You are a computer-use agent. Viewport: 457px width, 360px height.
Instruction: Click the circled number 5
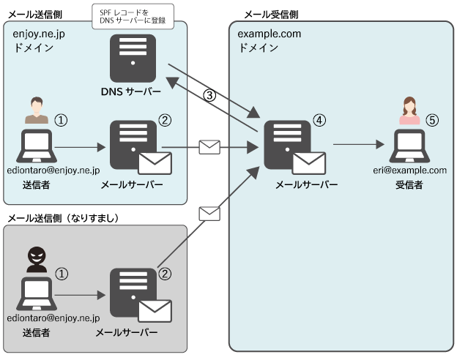[x=432, y=120]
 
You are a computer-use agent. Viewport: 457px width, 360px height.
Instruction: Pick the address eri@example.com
[x=409, y=170]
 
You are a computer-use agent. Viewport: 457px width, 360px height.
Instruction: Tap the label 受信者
[x=409, y=185]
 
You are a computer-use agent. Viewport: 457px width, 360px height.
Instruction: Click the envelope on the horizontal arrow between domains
[x=209, y=146]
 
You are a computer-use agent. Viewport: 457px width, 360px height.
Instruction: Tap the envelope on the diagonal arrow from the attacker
[x=209, y=214]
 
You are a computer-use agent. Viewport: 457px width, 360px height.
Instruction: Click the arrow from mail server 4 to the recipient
[x=359, y=145]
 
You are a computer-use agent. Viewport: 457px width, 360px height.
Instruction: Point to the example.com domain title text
[x=269, y=34]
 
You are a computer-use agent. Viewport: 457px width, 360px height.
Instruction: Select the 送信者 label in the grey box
[x=35, y=334]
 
